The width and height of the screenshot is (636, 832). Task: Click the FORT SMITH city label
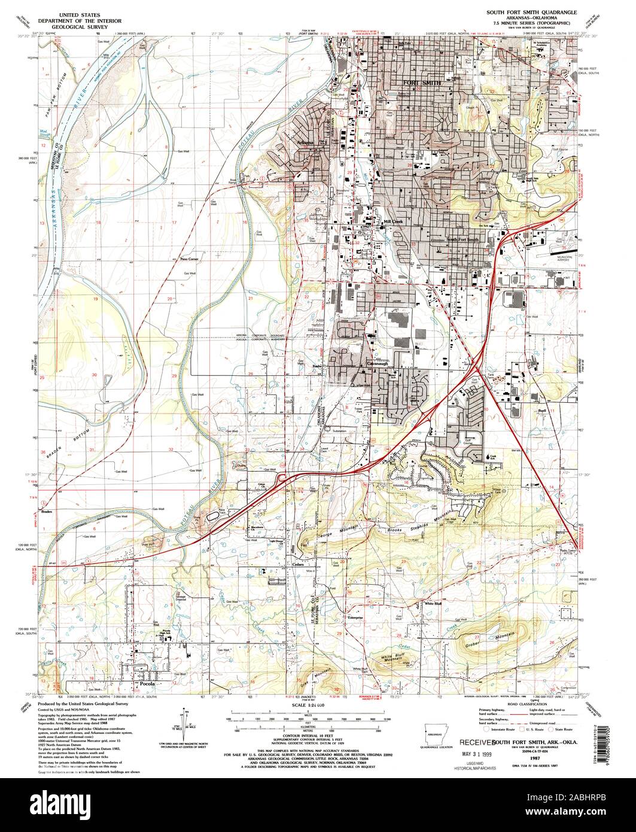[422, 83]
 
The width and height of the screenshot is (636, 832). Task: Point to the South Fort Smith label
[462, 239]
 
